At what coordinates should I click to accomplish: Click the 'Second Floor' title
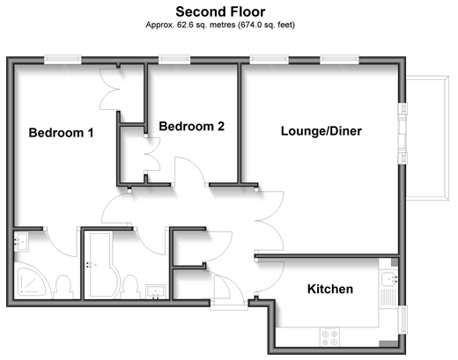pos(220,12)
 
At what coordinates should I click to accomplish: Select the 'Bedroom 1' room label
pos(61,133)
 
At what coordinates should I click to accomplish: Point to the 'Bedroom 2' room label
pos(191,126)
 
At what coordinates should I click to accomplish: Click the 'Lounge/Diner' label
pos(321,131)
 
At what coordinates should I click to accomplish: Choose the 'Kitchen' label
pos(330,289)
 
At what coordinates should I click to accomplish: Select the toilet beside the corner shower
pos(64,287)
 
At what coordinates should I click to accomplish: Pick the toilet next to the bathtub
pos(131,287)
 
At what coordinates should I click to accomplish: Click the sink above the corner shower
pos(21,241)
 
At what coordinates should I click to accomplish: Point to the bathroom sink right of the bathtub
pos(156,292)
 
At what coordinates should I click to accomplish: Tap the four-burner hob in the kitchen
pos(329,337)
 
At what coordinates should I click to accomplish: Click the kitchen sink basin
pos(389,279)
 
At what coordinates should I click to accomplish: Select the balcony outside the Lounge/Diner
pos(427,138)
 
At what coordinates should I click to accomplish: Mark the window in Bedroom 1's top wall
pos(63,60)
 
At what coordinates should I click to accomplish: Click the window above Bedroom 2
pos(174,60)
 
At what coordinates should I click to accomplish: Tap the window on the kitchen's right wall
pos(403,320)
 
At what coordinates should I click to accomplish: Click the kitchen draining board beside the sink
pos(388,298)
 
